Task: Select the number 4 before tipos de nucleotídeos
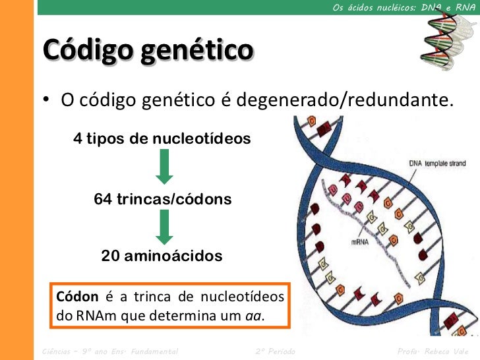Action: [78, 139]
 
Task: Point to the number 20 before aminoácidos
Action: [111, 256]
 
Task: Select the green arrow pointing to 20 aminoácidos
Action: [164, 227]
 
